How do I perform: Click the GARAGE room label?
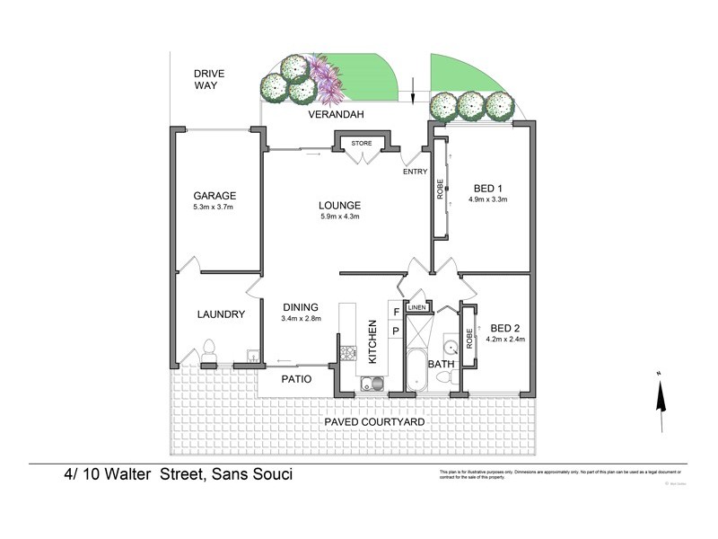point(214,195)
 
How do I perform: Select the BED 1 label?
point(486,187)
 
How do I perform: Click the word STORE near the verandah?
point(361,143)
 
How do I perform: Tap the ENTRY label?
point(416,172)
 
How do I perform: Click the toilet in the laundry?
point(208,349)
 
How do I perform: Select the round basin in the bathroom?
point(451,347)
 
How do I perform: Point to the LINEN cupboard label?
point(416,308)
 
